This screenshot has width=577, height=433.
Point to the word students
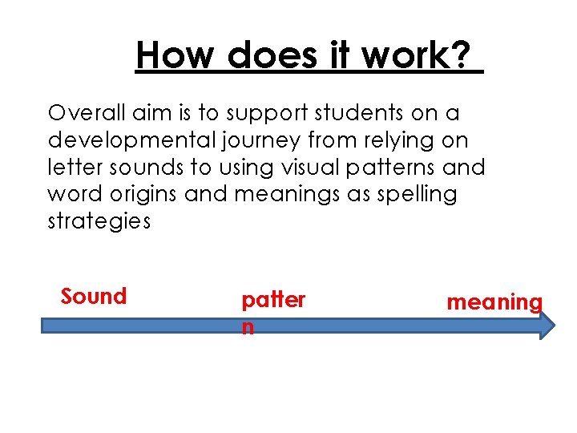point(347,112)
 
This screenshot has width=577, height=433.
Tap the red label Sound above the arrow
point(94,297)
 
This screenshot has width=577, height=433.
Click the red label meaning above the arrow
point(494,303)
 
